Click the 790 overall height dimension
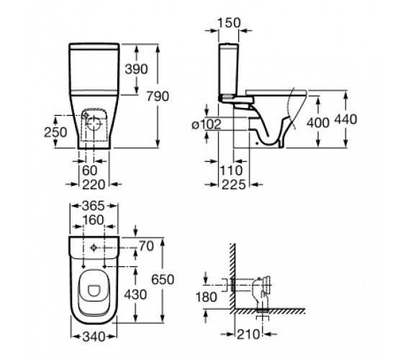pyautogui.click(x=158, y=96)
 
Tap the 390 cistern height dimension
pyautogui.click(x=136, y=69)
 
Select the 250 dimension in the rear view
pyautogui.click(x=55, y=132)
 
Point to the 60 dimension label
pyautogui.click(x=90, y=170)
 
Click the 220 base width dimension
pyautogui.click(x=94, y=184)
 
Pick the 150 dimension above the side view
pyautogui.click(x=230, y=22)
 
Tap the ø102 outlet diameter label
pyautogui.click(x=207, y=125)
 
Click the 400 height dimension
pyautogui.click(x=318, y=122)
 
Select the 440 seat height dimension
pyautogui.click(x=345, y=119)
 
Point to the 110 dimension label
pyautogui.click(x=231, y=170)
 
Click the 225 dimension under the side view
pyautogui.click(x=234, y=184)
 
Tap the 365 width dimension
pyautogui.click(x=94, y=206)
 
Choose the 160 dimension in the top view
pyautogui.click(x=94, y=220)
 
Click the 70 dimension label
pyautogui.click(x=146, y=246)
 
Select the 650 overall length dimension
pyautogui.click(x=163, y=279)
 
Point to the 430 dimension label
pyautogui.click(x=135, y=294)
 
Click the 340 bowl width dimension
pyautogui.click(x=94, y=337)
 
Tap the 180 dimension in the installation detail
pyautogui.click(x=207, y=297)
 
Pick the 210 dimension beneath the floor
pyautogui.click(x=248, y=334)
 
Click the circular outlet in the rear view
pyautogui.click(x=94, y=123)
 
